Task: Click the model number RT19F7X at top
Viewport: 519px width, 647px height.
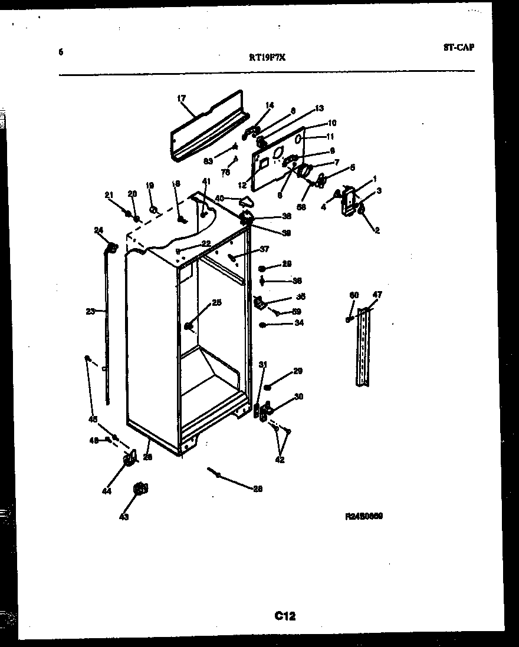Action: pyautogui.click(x=268, y=57)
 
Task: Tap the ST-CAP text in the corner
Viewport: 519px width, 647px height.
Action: pyautogui.click(x=458, y=48)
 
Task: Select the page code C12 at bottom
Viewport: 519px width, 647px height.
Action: pyautogui.click(x=285, y=616)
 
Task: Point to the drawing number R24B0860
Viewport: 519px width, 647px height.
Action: pyautogui.click(x=364, y=516)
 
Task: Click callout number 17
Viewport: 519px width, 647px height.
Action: pyautogui.click(x=181, y=99)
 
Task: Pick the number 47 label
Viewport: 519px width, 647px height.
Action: pyautogui.click(x=377, y=295)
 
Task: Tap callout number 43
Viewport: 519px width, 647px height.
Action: pyautogui.click(x=124, y=517)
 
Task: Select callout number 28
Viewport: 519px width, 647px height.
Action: pyautogui.click(x=258, y=488)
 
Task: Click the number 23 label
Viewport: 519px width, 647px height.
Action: pyautogui.click(x=90, y=311)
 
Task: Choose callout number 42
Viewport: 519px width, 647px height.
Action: pyautogui.click(x=280, y=460)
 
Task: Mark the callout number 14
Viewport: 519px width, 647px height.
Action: pyautogui.click(x=270, y=106)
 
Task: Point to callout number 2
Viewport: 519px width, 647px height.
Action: pyautogui.click(x=377, y=230)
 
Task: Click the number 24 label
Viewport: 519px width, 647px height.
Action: pyautogui.click(x=98, y=230)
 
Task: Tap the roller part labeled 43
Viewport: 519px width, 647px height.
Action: pyautogui.click(x=140, y=488)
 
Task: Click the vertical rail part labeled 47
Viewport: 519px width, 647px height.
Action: pyautogui.click(x=363, y=348)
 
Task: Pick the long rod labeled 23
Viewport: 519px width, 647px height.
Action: pyautogui.click(x=108, y=330)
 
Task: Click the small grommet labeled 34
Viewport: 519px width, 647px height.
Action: pyautogui.click(x=263, y=325)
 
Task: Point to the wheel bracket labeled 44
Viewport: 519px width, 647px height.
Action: pyautogui.click(x=128, y=460)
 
